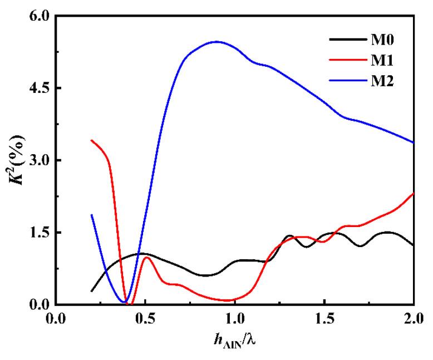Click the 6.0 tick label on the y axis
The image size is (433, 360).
(x=39, y=17)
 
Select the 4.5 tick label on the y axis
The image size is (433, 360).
(x=39, y=88)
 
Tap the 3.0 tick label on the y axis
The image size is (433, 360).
(x=39, y=160)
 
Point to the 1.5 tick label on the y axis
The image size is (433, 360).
(x=39, y=232)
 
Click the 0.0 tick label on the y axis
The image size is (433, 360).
(x=39, y=304)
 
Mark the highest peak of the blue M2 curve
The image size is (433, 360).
(x=216, y=42)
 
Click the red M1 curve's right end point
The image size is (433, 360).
(x=413, y=194)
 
